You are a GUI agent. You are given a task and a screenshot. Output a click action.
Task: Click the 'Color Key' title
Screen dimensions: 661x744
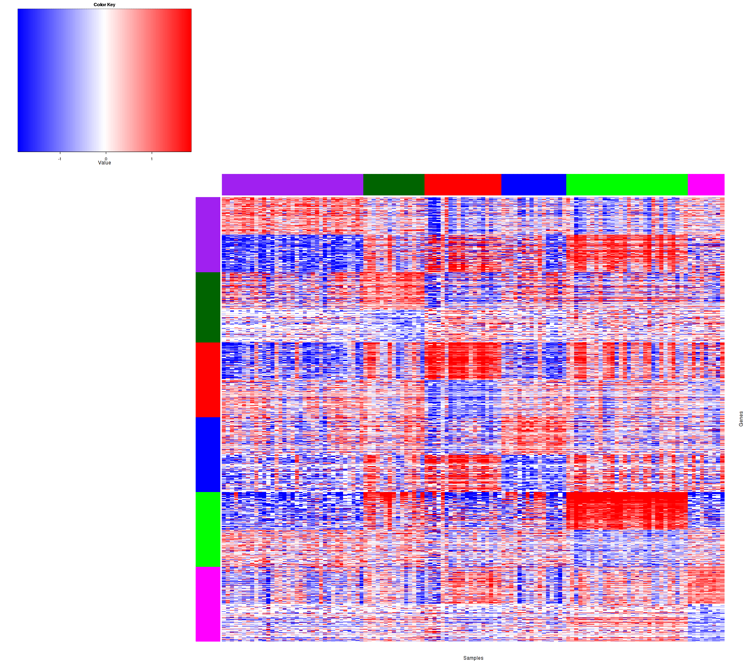click(x=104, y=5)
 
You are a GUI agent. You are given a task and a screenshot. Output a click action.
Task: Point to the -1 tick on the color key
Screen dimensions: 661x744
click(x=60, y=158)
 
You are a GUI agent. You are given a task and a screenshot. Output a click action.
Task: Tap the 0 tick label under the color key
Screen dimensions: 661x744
click(x=106, y=159)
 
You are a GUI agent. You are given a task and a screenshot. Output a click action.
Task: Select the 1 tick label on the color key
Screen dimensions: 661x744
click(x=152, y=159)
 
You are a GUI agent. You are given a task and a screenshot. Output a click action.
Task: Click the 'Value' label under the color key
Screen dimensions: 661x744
click(x=104, y=163)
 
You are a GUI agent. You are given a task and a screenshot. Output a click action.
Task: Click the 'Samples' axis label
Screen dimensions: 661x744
click(x=473, y=658)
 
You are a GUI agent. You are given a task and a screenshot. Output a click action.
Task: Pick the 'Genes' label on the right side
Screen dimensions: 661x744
click(x=741, y=418)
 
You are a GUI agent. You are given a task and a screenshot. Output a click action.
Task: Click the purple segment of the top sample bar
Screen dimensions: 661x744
click(x=292, y=184)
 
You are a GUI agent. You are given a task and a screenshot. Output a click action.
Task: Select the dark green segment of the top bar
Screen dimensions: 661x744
click(x=393, y=184)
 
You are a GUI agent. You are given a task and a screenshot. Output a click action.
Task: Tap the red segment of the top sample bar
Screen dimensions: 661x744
click(x=463, y=184)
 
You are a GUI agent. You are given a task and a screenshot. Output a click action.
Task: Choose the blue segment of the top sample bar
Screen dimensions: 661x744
click(x=533, y=184)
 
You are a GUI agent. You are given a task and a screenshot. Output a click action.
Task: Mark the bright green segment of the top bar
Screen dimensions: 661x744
click(x=626, y=184)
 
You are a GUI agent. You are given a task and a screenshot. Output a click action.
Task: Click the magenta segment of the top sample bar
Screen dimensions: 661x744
click(x=706, y=184)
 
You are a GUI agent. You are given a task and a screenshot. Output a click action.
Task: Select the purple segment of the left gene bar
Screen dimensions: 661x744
click(x=207, y=235)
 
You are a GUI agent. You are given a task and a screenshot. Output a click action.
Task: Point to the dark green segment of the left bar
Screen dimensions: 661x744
click(x=207, y=307)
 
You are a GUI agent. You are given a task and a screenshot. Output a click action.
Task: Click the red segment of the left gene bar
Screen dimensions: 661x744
click(x=207, y=380)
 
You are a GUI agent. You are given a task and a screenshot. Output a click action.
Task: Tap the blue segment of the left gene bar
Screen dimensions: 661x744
click(x=207, y=454)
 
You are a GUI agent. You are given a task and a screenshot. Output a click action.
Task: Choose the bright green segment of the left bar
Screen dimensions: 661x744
click(x=207, y=529)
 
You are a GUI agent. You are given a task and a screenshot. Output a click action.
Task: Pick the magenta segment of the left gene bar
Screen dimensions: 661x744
click(x=207, y=604)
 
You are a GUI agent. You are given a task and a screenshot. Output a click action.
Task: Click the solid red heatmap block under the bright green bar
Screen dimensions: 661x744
click(x=626, y=510)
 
